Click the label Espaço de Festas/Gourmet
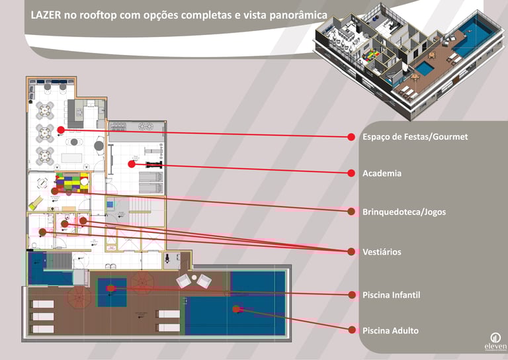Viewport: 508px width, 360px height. point(415,137)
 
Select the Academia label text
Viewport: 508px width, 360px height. point(382,173)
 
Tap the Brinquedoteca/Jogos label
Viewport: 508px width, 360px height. point(403,212)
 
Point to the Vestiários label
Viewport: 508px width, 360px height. point(382,252)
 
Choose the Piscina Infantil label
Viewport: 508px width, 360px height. point(391,294)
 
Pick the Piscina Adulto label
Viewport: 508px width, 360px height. point(390,330)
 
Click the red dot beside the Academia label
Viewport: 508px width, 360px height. point(352,173)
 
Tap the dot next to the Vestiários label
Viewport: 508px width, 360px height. point(352,251)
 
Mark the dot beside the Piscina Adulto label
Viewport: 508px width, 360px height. point(352,330)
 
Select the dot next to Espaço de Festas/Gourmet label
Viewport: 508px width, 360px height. point(352,137)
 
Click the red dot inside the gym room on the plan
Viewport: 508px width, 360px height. point(132,163)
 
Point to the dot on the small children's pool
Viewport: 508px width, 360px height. point(111,288)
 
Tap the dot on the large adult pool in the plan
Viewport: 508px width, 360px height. point(235,308)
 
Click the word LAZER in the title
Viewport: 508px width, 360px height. point(46,14)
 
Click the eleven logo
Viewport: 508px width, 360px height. point(495,340)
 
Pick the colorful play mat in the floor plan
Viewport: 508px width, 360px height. point(71,182)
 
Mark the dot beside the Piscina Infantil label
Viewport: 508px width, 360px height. point(352,294)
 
